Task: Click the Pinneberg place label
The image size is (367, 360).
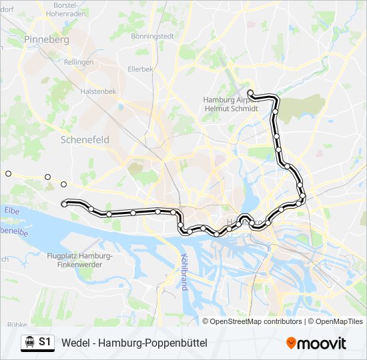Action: tap(46, 40)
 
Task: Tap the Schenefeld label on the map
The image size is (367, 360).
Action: tap(84, 140)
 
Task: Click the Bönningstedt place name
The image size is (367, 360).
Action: tap(153, 35)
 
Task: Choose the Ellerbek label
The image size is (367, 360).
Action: tap(141, 68)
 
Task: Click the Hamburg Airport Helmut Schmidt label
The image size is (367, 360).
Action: tap(230, 103)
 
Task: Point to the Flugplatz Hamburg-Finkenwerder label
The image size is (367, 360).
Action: tap(80, 261)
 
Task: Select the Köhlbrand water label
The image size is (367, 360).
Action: tap(183, 269)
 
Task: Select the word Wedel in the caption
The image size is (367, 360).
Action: tap(75, 343)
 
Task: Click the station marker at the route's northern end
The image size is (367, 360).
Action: tap(250, 93)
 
